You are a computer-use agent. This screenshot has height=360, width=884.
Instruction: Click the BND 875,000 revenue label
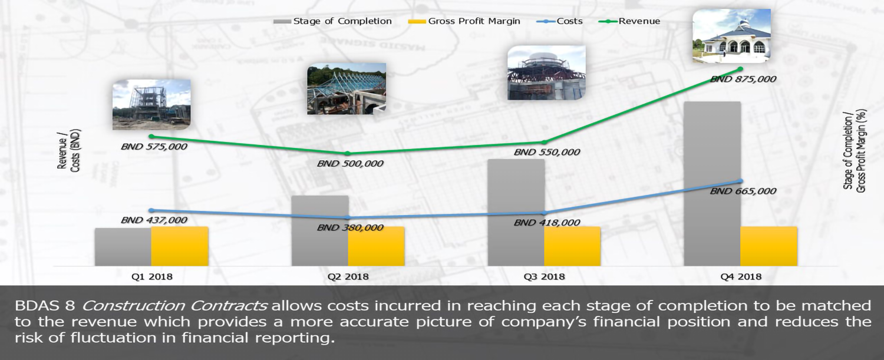[x=743, y=79]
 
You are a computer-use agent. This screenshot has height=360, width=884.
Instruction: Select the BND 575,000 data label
[x=154, y=147]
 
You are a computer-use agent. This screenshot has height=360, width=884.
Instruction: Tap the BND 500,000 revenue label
[x=350, y=163]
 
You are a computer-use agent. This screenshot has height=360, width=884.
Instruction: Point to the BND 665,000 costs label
[x=743, y=191]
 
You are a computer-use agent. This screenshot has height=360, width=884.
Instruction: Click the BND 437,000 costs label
[x=154, y=220]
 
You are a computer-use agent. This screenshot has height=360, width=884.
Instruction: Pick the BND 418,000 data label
[x=546, y=223]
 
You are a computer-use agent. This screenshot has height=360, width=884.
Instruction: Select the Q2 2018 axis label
[x=348, y=276]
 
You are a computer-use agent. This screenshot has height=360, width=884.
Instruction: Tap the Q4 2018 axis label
[x=741, y=276]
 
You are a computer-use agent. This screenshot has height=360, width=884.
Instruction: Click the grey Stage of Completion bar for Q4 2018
[x=713, y=184]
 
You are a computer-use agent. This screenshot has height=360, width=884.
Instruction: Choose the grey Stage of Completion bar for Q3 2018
[x=516, y=212]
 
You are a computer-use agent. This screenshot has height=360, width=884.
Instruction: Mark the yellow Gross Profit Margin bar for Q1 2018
[x=180, y=246]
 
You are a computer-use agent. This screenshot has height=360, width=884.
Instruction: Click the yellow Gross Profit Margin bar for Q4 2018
[x=768, y=246]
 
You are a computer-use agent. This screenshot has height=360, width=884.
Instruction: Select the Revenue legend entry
[x=629, y=21]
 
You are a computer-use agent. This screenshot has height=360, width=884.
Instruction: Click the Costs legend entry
[x=560, y=21]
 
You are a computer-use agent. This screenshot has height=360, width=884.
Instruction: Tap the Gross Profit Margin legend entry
[x=464, y=21]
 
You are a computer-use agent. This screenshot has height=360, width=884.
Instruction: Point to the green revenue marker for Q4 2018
[x=740, y=69]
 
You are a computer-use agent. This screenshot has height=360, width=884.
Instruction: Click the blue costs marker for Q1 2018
[x=151, y=210]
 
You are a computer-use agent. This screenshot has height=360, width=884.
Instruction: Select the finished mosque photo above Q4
[x=732, y=35]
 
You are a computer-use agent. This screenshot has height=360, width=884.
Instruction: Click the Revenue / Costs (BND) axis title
[x=69, y=151]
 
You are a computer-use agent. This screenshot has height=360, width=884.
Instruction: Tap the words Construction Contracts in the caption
[x=174, y=306]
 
